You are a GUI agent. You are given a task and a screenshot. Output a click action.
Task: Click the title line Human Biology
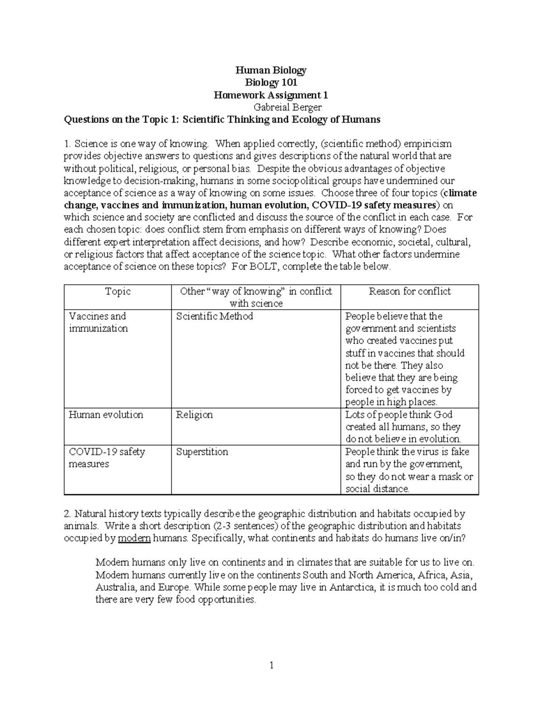[271, 70]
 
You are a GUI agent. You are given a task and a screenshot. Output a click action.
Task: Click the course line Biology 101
[271, 82]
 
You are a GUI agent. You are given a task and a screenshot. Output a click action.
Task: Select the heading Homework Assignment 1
[271, 95]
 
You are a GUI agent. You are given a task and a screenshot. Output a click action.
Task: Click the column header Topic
[118, 292]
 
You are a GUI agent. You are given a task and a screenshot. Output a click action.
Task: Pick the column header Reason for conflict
[410, 292]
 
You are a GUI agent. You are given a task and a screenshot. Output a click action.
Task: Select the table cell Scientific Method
[214, 316]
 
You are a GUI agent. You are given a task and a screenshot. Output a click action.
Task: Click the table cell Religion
[195, 415]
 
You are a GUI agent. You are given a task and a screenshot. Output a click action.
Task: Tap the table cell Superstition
[202, 452]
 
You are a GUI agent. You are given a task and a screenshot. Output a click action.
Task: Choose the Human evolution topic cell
[106, 415]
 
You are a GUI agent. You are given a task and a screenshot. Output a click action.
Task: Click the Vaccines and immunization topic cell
[98, 322]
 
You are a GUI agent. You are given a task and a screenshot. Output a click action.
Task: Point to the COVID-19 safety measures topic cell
[107, 458]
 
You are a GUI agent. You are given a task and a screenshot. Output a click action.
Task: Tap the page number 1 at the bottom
[271, 665]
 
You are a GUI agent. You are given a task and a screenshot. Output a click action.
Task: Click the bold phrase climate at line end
[460, 193]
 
